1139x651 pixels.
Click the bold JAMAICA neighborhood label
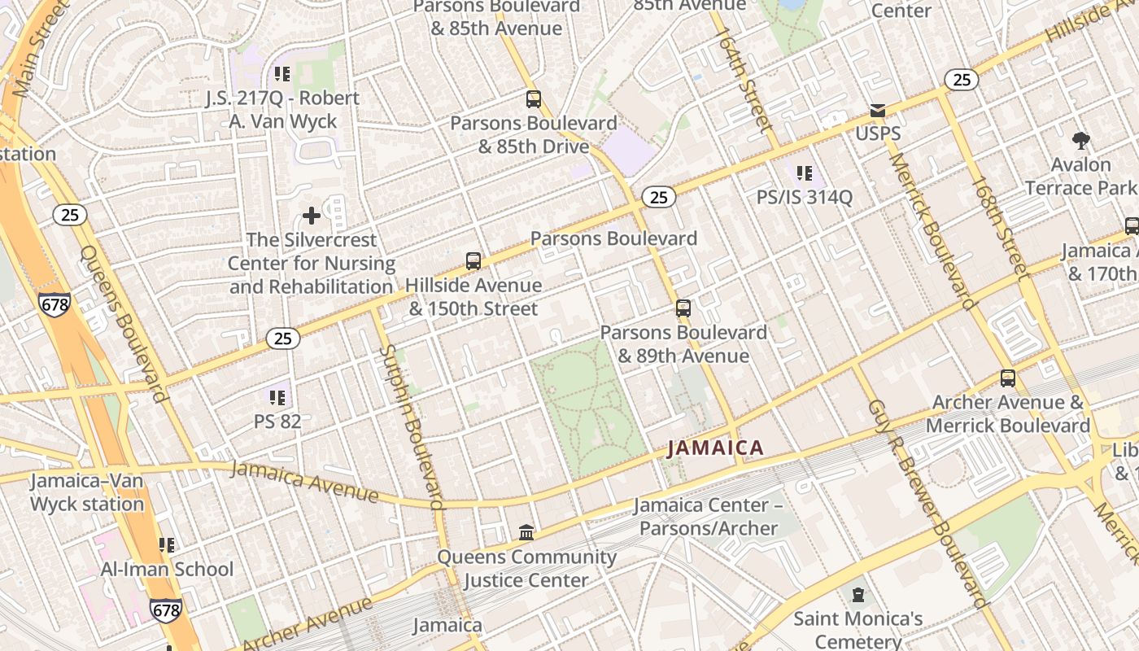click(715, 448)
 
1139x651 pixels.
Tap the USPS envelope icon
click(877, 111)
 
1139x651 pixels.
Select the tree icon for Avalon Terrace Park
click(1080, 141)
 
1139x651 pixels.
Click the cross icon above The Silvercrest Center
click(311, 216)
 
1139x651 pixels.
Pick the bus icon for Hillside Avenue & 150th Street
click(473, 261)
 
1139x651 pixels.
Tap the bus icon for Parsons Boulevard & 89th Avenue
click(683, 308)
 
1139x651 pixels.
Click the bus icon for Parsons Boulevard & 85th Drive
click(533, 99)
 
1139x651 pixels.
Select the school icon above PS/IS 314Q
click(804, 173)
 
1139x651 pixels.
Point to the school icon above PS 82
click(277, 398)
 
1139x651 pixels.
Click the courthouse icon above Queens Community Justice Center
click(526, 532)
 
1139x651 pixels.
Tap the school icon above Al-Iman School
click(166, 544)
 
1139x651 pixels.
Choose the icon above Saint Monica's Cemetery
click(858, 595)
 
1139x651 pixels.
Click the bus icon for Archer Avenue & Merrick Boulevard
click(1007, 378)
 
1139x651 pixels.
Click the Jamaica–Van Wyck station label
click(87, 492)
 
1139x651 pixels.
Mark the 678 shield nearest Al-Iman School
click(165, 609)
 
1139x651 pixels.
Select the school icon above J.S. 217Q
click(281, 74)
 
